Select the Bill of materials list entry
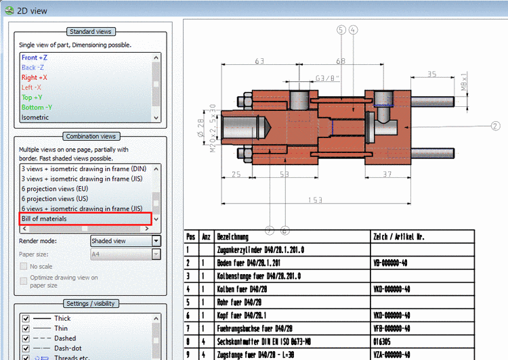tap(44, 219)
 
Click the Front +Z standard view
tap(34, 58)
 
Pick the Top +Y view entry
tap(33, 97)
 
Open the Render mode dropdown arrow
tap(156, 241)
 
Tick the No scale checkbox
tap(24, 267)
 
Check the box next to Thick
tap(26, 318)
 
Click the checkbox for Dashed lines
tap(26, 338)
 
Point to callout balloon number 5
tap(341, 30)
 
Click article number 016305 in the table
tap(383, 341)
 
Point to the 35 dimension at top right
tap(432, 74)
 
